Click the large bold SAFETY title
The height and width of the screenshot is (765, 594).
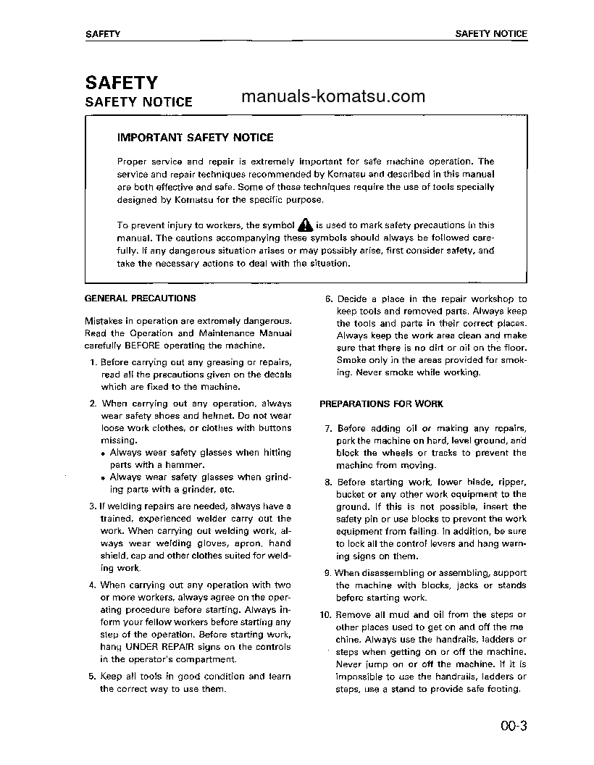pos(121,83)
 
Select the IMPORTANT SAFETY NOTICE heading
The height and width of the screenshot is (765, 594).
pos(195,137)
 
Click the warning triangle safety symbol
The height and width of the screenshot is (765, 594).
pos(305,225)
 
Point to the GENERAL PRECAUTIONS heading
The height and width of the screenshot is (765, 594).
pos(140,298)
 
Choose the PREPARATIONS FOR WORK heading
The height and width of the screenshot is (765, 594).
pos(381,404)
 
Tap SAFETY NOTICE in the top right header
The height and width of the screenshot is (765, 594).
pos(490,34)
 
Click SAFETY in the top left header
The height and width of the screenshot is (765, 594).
pos(102,34)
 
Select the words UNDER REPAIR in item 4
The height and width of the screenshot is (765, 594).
pos(156,646)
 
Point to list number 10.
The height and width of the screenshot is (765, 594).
pos(325,615)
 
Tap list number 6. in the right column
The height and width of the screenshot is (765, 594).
pos(327,298)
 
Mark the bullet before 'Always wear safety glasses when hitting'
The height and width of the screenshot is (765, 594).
pos(104,453)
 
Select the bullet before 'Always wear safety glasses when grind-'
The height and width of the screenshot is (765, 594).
pos(104,478)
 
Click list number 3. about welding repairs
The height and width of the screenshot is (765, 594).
pos(92,506)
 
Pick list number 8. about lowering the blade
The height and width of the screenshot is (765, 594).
pos(328,482)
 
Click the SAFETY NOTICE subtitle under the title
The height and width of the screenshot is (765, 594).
pos(139,102)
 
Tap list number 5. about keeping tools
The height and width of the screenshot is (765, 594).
pos(92,677)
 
